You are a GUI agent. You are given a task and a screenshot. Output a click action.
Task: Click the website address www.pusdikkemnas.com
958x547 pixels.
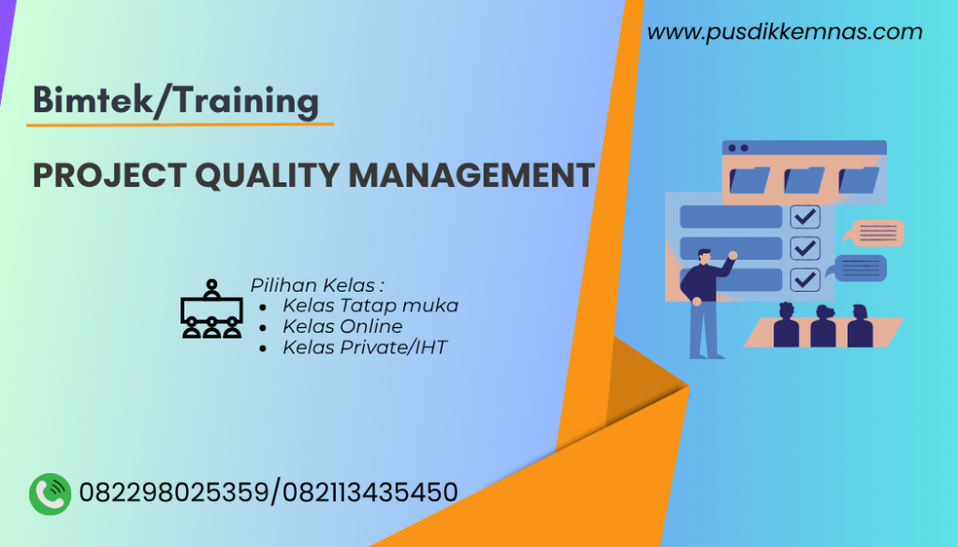(x=784, y=33)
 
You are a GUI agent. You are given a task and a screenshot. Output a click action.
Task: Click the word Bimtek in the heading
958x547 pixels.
(x=88, y=100)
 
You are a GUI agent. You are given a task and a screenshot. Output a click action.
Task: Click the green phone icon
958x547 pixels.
(x=51, y=493)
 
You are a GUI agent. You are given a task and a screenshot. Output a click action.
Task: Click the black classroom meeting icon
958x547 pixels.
(x=211, y=309)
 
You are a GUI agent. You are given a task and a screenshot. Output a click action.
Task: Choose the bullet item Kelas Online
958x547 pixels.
(x=342, y=326)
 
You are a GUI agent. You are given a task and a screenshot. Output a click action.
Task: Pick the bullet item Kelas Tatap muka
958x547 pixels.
(x=370, y=305)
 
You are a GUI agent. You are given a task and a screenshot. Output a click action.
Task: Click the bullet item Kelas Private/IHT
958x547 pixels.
(x=365, y=348)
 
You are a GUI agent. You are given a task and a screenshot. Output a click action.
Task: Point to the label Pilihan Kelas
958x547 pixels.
(x=317, y=284)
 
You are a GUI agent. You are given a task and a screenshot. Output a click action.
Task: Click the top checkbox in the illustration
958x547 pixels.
(x=805, y=217)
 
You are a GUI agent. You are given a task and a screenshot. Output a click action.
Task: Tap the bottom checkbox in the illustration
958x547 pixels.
(x=805, y=279)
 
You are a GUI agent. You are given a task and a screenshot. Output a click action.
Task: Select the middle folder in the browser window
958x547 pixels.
(x=804, y=179)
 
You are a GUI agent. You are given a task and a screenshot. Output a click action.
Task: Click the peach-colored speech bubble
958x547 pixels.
(x=875, y=232)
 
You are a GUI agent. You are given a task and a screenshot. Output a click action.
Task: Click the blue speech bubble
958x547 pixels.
(x=860, y=268)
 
